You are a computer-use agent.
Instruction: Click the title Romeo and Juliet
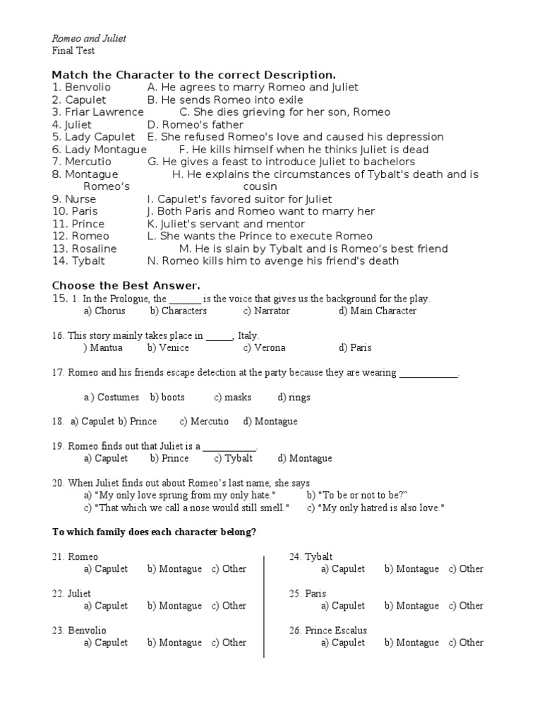90,38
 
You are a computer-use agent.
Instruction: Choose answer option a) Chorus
104,311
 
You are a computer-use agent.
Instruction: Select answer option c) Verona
265,347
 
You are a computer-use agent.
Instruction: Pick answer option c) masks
233,397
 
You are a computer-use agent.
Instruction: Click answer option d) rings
294,397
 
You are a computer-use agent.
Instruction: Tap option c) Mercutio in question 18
204,422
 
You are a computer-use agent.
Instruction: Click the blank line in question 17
429,374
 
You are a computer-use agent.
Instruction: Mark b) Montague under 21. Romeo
174,568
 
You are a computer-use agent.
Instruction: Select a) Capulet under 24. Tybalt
343,568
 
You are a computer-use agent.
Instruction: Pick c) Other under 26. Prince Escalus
466,643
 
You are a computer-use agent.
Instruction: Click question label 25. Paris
308,594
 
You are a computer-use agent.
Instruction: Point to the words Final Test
74,51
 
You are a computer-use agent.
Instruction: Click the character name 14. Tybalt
78,261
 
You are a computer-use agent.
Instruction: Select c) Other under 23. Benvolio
229,643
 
